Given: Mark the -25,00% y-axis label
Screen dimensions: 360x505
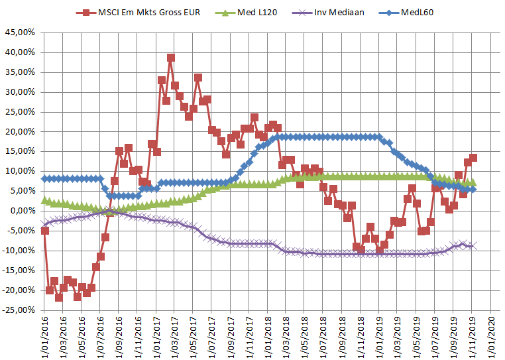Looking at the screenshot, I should (18, 310).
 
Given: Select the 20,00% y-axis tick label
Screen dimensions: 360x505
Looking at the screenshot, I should (19, 132).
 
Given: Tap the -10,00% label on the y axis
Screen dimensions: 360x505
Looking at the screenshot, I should (18, 251).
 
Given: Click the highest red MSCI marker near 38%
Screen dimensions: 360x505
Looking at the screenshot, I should (171, 58).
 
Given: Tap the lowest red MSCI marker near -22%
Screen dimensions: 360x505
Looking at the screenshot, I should (58, 298).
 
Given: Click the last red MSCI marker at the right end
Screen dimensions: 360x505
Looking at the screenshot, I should (473, 158).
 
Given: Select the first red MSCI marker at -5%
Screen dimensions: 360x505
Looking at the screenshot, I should (44, 231).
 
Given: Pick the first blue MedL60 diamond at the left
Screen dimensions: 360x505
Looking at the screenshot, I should (44, 178).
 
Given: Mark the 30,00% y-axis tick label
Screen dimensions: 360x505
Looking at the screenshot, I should (19, 92).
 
